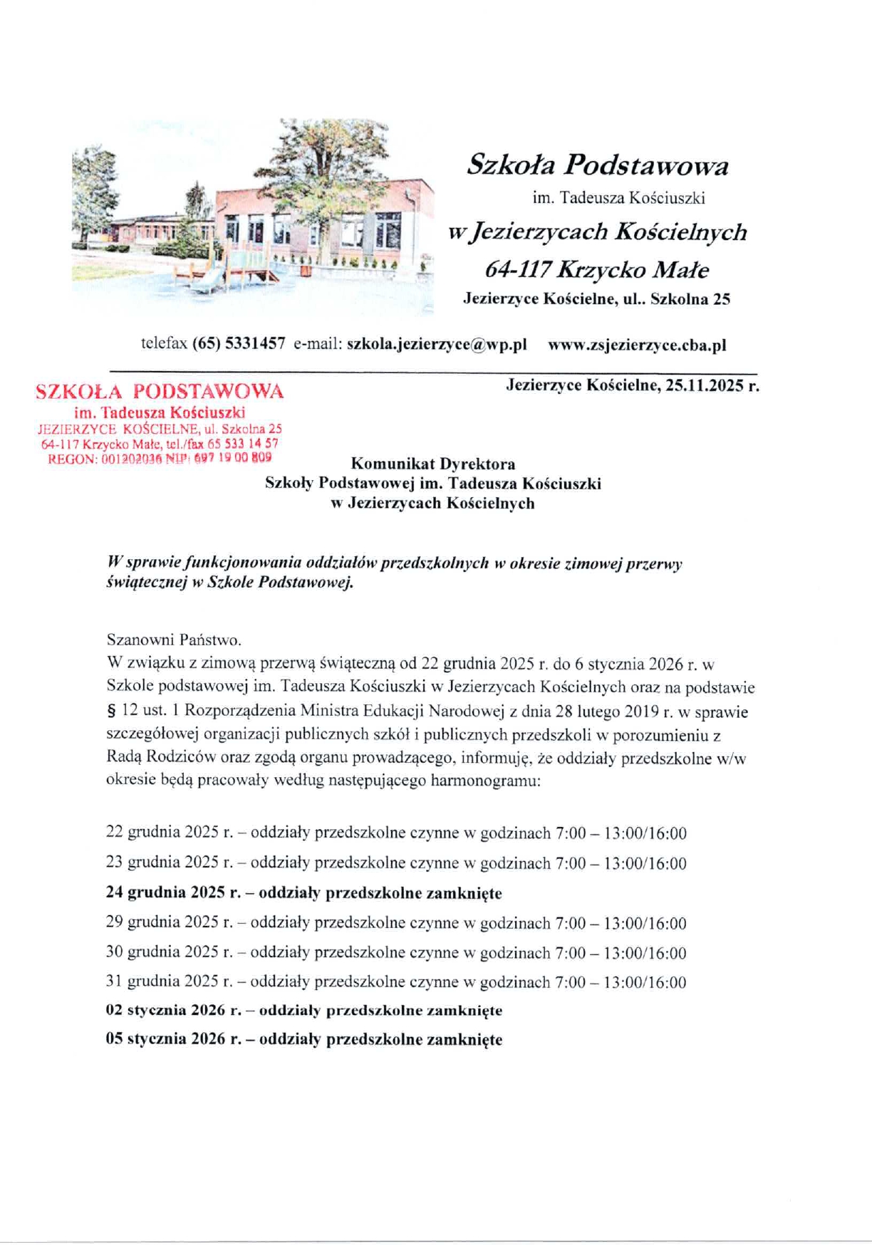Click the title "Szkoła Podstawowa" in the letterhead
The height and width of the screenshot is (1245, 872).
click(598, 165)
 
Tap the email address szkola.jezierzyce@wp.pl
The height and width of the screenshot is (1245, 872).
click(437, 345)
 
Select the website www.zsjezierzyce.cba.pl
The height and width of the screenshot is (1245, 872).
click(637, 345)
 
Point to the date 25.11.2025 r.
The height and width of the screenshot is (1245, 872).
click(712, 385)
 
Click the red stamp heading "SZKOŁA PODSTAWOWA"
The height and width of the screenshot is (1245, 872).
click(160, 391)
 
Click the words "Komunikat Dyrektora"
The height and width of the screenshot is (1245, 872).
click(433, 464)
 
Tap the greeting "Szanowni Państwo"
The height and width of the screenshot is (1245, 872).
click(174, 639)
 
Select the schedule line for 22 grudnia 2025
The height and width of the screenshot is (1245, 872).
click(396, 833)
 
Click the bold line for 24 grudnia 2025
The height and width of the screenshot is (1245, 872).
click(303, 892)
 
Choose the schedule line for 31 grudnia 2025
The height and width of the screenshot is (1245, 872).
click(396, 982)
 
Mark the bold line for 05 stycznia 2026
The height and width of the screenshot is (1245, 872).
click(303, 1039)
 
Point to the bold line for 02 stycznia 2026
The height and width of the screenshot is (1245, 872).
click(303, 1011)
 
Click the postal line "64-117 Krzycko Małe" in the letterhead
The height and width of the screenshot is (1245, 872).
click(597, 270)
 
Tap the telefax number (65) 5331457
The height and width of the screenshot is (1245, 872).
click(239, 344)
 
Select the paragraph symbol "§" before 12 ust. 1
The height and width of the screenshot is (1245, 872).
click(110, 712)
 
